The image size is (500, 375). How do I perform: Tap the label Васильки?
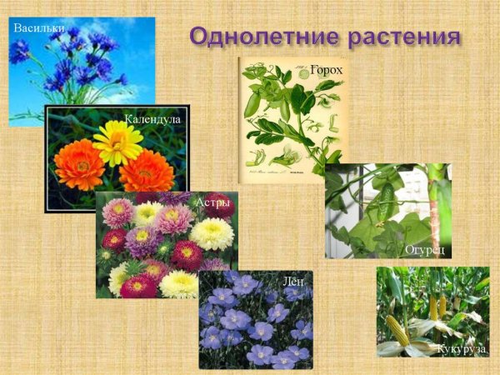pos(38,28)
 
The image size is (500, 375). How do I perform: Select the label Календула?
pos(152,119)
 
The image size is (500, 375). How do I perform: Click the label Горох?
pos(327,71)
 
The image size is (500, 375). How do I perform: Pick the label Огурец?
pos(425,248)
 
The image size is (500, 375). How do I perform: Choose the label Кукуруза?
pos(462,348)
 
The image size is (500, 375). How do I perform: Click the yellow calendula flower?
pos(117,142)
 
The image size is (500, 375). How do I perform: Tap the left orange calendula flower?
pos(80,164)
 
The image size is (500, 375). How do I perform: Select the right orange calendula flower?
pos(147,171)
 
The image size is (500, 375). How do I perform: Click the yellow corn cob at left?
pos(398,331)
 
